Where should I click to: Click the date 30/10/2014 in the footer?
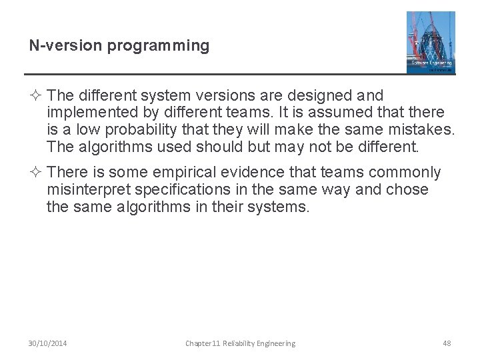tap(47, 343)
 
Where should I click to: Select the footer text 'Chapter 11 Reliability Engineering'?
tap(240, 343)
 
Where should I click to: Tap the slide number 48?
tap(447, 343)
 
